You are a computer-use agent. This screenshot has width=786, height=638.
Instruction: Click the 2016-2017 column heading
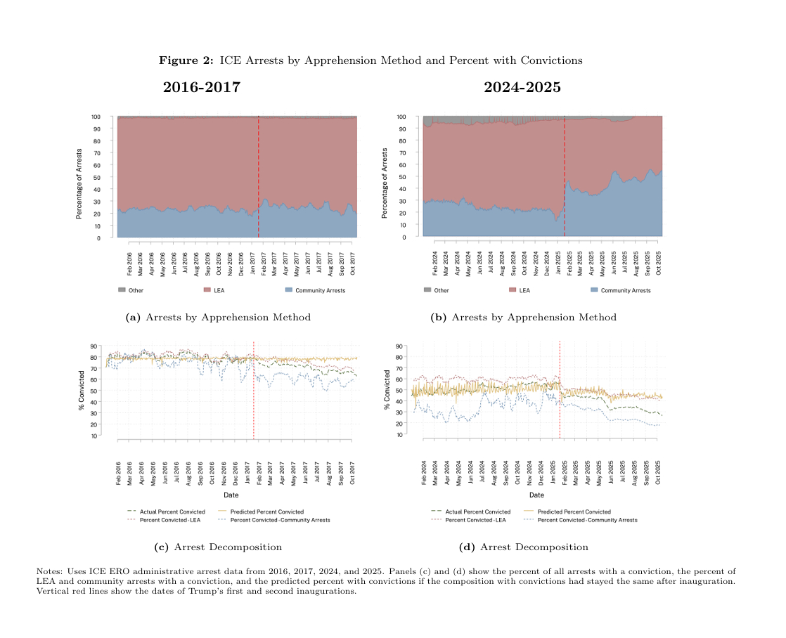pos(201,88)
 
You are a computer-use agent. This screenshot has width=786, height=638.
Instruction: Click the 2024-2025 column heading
pos(522,88)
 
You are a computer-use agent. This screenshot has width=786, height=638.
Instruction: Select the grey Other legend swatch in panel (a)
pos(122,290)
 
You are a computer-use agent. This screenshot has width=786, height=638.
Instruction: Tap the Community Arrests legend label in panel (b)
pos(626,290)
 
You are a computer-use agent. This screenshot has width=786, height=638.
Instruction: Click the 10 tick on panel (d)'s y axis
pos(399,435)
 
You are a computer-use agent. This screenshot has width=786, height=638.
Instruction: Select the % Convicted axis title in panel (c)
pos(82,391)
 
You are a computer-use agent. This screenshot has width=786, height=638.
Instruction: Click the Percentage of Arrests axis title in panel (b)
pos(385,183)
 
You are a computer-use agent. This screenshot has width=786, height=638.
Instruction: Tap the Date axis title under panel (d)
pos(536,495)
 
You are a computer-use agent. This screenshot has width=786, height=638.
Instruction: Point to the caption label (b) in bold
pos(439,318)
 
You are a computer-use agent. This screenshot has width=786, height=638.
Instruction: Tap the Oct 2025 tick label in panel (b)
pos(659,263)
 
